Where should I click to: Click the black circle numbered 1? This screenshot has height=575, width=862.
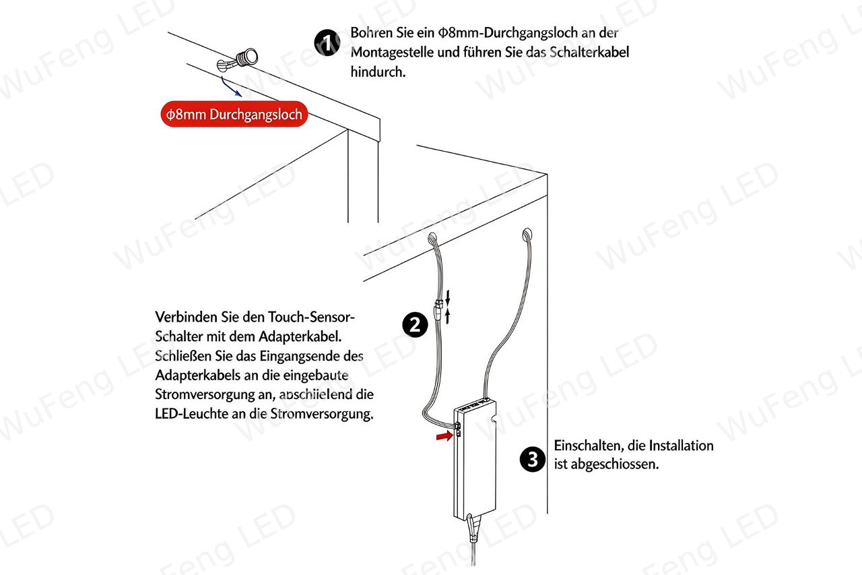327,42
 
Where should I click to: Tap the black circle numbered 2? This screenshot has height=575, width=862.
415,325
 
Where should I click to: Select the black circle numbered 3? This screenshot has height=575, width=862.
533,459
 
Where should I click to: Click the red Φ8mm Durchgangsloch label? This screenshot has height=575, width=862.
234,114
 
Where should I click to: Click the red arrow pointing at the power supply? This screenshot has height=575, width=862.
444,435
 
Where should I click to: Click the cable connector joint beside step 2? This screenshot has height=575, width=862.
438,307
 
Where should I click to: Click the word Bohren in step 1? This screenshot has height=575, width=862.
372,33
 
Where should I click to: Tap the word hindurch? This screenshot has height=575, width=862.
378,71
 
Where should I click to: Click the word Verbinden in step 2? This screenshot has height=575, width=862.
186,317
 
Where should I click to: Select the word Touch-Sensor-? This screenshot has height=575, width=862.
311,317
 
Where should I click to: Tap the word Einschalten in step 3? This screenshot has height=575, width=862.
589,446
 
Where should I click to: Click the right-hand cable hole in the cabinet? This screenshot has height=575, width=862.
527,234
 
